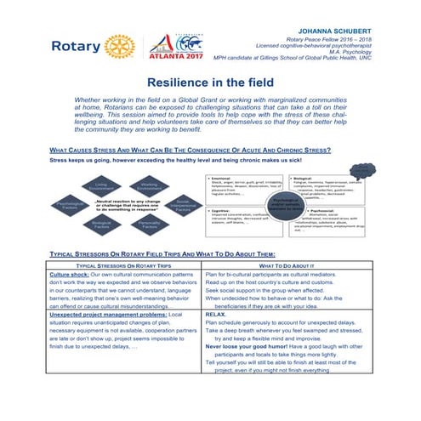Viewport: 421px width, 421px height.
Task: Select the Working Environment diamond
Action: tap(150, 185)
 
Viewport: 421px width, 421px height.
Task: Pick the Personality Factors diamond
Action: tap(150, 228)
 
